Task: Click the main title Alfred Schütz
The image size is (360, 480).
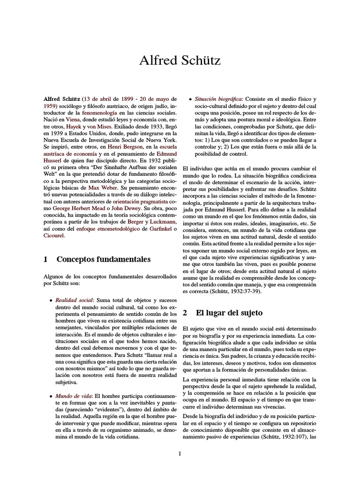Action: (180, 60)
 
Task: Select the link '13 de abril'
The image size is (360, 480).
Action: (100, 99)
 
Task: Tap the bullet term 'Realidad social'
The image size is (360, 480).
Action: (74, 299)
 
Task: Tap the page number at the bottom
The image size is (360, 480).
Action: (180, 453)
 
